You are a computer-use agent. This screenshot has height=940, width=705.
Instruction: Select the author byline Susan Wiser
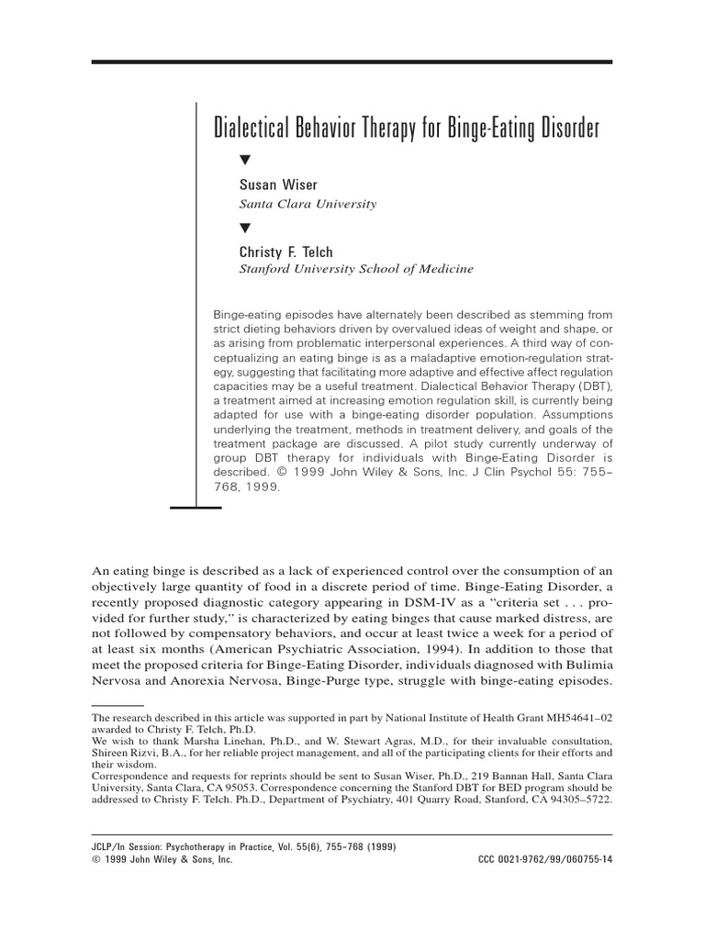(x=278, y=185)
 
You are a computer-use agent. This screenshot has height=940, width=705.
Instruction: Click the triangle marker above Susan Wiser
(x=245, y=161)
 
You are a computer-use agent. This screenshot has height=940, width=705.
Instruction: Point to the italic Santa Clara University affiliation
(x=308, y=204)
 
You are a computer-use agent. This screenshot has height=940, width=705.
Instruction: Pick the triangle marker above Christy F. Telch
(x=245, y=227)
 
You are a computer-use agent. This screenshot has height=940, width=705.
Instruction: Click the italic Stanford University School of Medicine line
(x=356, y=269)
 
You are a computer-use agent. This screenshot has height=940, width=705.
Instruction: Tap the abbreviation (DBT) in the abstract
(x=592, y=388)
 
